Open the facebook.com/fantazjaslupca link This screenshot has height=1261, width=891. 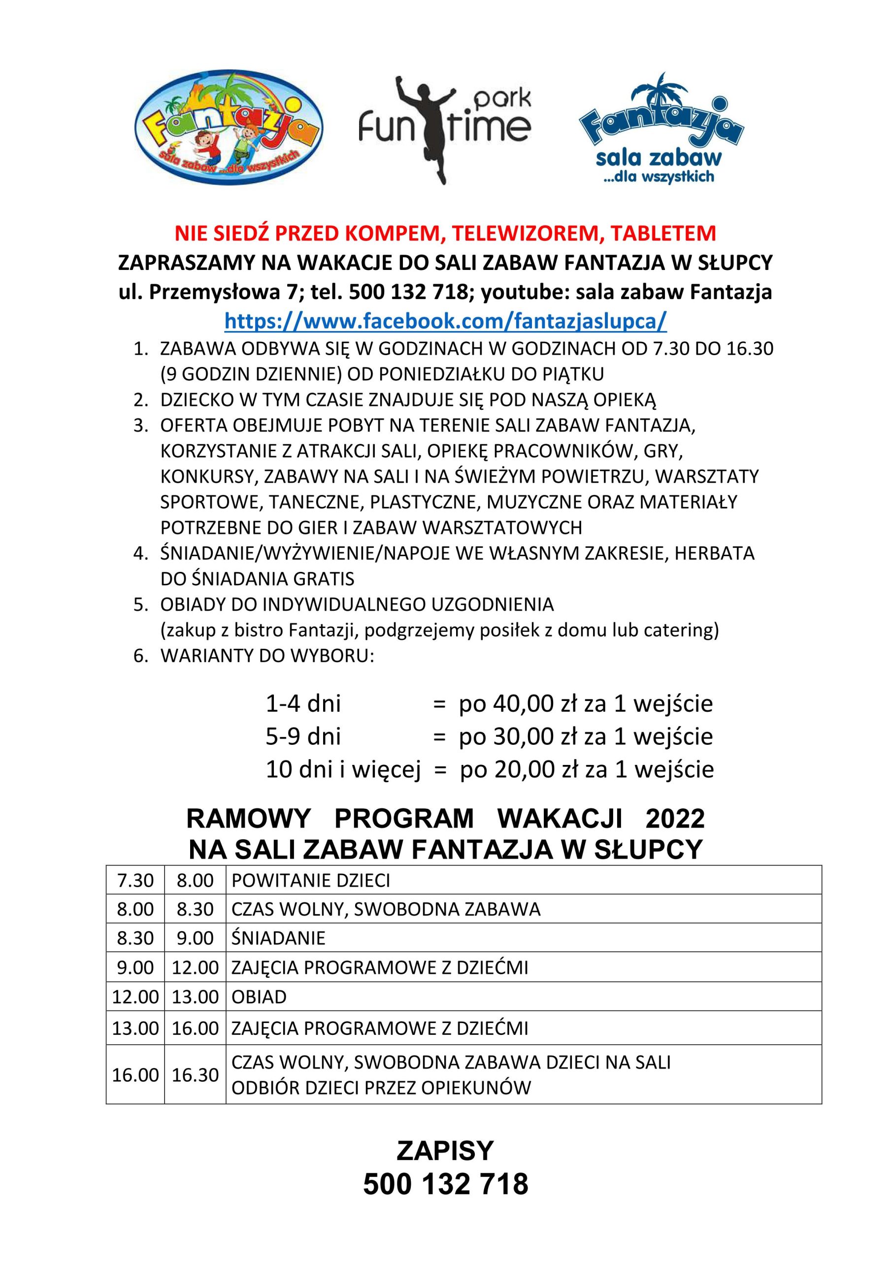pyautogui.click(x=445, y=321)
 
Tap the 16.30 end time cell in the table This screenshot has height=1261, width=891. pyautogui.click(x=195, y=1075)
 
